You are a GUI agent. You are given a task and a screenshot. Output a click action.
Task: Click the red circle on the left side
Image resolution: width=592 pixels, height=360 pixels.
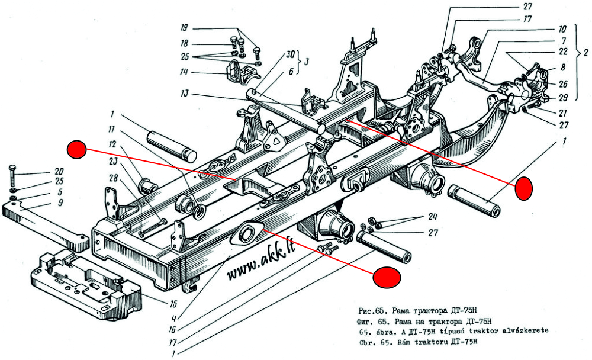point(77,150)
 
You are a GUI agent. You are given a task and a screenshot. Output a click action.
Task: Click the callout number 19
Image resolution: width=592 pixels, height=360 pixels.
point(185,28)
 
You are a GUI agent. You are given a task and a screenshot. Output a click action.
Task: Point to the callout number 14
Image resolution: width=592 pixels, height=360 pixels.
point(184,72)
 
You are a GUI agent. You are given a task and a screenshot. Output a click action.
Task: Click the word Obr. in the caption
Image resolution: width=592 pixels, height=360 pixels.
point(368,343)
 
